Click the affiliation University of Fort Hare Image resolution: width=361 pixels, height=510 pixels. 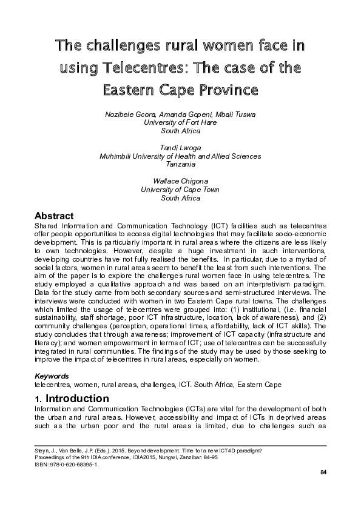point(180,122)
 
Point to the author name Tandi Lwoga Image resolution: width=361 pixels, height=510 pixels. point(180,148)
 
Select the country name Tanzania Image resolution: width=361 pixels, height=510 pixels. point(180,164)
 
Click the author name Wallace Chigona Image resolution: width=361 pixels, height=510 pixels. point(180,181)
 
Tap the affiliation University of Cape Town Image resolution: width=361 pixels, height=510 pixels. point(180,190)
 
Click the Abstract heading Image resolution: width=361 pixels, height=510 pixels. point(54,216)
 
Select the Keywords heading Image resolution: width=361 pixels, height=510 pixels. point(52,376)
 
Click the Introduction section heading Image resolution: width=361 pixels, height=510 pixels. point(77,399)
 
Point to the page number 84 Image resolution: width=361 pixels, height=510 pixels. point(323,472)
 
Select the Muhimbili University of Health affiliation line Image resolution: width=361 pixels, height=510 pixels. point(180,156)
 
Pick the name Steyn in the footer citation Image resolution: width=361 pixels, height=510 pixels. point(43,450)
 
